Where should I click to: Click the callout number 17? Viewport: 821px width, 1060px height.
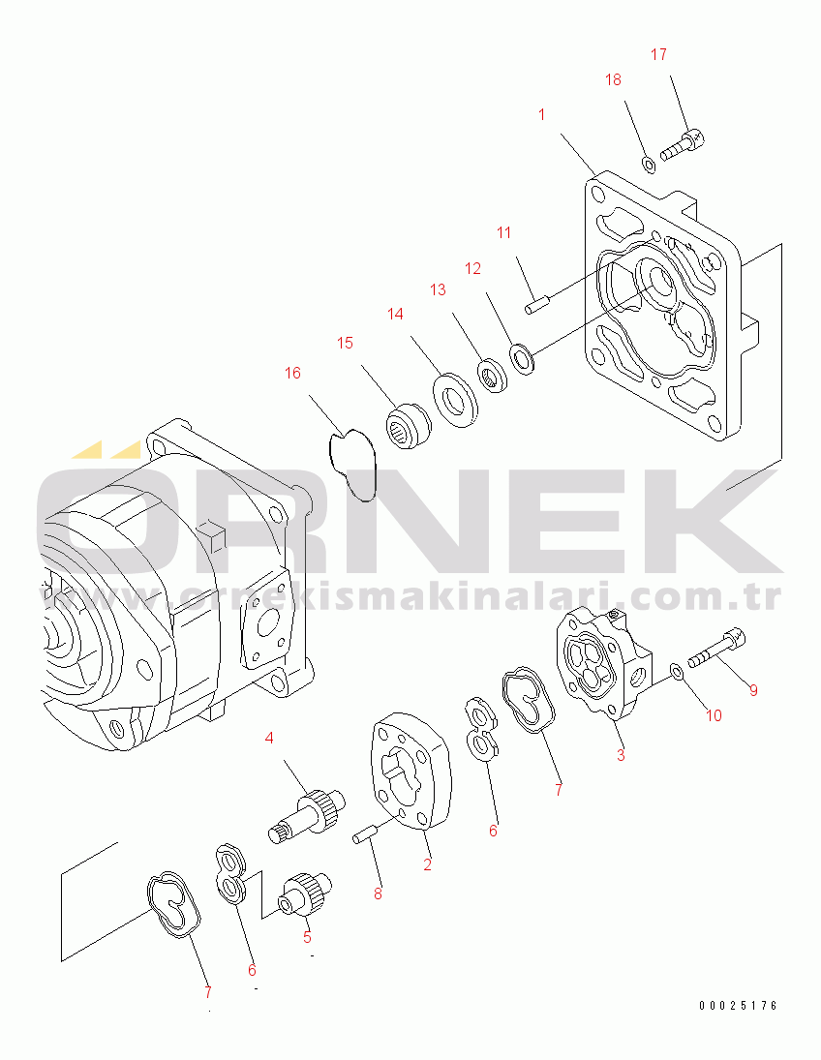click(x=658, y=55)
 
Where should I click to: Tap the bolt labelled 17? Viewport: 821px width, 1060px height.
click(x=683, y=144)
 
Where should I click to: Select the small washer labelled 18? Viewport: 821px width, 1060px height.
click(x=648, y=164)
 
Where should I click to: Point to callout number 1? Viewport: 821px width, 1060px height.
click(x=542, y=115)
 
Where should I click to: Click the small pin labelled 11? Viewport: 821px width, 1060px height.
click(x=538, y=303)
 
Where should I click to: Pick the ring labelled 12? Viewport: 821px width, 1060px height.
click(x=523, y=359)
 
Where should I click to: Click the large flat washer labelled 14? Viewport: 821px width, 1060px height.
click(x=455, y=400)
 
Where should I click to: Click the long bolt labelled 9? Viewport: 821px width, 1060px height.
click(x=716, y=647)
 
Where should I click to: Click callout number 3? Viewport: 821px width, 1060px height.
click(x=621, y=754)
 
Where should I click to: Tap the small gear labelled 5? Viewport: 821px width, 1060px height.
click(x=306, y=895)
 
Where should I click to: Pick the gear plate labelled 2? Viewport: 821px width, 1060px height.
click(x=410, y=771)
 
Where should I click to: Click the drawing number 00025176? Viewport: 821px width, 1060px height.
click(x=738, y=1006)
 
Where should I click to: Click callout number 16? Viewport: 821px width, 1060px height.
click(x=292, y=373)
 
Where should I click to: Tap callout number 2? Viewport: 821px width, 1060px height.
click(x=427, y=863)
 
